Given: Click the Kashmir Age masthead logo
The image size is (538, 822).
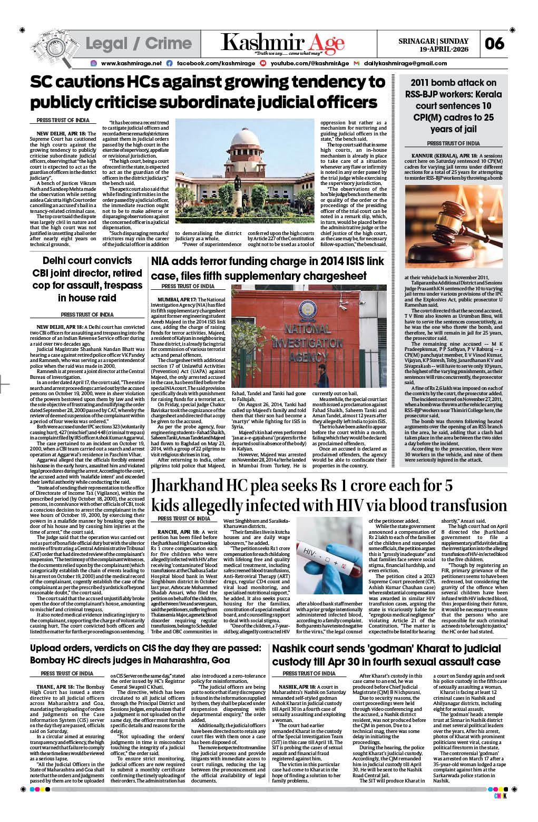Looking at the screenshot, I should point(282,43).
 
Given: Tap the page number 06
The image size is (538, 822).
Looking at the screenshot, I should point(494,44).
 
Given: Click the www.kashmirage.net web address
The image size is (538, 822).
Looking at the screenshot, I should point(131,63).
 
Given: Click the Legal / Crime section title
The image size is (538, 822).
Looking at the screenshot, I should point(138,43).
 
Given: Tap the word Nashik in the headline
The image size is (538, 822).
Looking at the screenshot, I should point(291,649).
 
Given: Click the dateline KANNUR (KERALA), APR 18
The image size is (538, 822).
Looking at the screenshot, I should point(444,156).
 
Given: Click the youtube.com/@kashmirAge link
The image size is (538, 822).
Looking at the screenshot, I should point(309,63).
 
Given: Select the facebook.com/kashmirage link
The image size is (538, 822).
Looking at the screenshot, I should point(208,63).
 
